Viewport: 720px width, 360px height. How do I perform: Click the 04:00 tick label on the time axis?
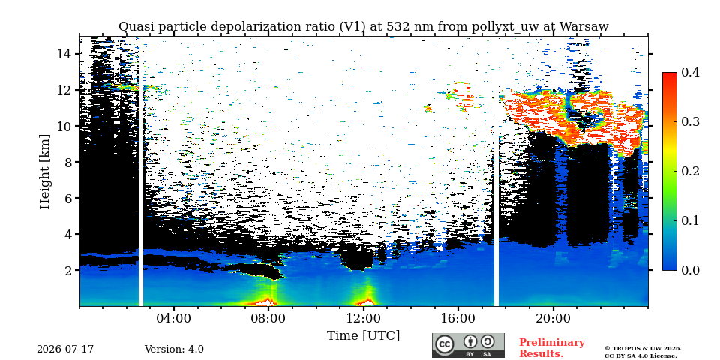tap(174, 319)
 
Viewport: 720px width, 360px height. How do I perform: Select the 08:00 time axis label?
tap(269, 319)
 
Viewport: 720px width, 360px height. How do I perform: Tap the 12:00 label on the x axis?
tap(364, 319)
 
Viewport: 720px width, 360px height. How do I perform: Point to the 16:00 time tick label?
tap(459, 319)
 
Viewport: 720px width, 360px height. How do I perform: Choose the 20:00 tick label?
tap(553, 319)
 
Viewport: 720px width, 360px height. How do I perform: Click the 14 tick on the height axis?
tap(64, 54)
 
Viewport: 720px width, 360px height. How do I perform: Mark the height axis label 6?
tap(69, 198)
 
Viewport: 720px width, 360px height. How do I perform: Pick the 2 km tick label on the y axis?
tap(69, 270)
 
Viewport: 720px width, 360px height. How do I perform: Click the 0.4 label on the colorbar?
tap(690, 72)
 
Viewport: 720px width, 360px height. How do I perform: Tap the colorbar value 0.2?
tap(690, 171)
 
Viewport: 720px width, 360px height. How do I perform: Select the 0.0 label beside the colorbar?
tap(690, 270)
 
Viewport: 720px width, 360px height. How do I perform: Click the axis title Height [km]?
tap(44, 172)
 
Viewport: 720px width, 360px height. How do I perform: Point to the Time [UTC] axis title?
tap(363, 336)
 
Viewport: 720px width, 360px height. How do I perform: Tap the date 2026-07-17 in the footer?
tap(65, 349)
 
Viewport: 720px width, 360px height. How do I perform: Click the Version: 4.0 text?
tap(174, 349)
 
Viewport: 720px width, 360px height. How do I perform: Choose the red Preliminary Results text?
tap(552, 348)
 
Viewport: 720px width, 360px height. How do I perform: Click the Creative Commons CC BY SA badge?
tap(468, 345)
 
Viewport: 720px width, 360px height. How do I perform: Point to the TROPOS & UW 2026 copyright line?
tap(643, 349)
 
